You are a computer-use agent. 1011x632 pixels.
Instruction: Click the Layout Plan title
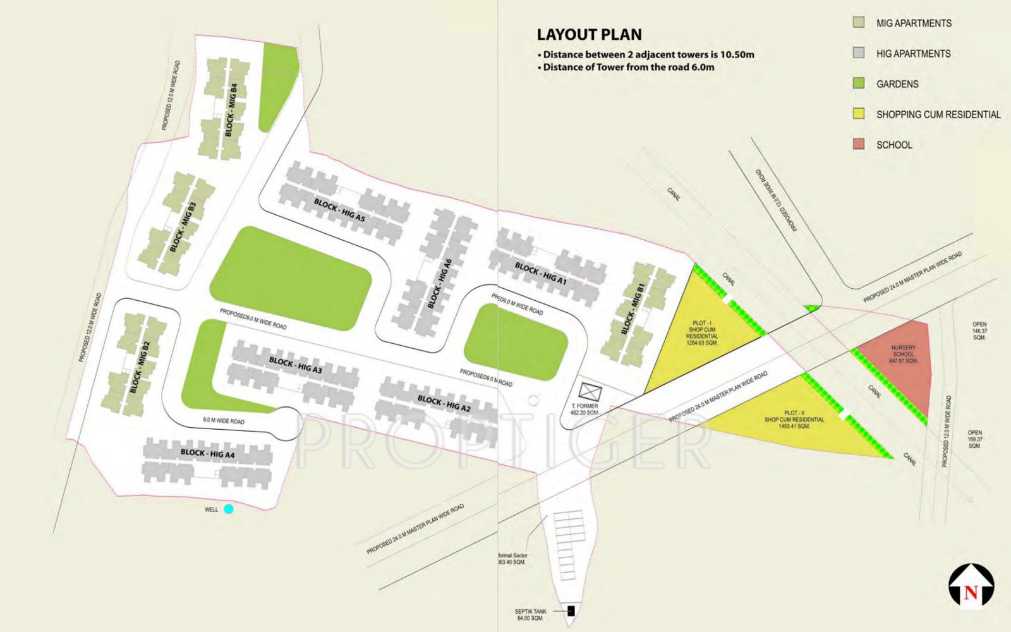(x=589, y=35)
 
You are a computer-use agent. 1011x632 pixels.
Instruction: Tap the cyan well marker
(x=228, y=509)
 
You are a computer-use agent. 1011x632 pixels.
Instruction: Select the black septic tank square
(x=571, y=611)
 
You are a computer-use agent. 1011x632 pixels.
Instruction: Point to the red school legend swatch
(x=859, y=144)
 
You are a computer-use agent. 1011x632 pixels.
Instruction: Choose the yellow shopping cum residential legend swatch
(x=859, y=114)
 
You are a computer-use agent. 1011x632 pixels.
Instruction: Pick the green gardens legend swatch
(x=859, y=83)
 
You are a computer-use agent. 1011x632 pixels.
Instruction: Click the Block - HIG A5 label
(x=340, y=210)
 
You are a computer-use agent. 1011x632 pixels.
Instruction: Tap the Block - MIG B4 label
(x=231, y=109)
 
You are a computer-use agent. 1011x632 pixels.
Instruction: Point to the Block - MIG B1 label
(x=633, y=308)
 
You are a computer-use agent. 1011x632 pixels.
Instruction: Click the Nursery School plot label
(x=903, y=354)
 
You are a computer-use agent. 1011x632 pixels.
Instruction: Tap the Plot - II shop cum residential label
(x=794, y=420)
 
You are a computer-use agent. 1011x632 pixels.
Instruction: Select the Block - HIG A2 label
(x=444, y=403)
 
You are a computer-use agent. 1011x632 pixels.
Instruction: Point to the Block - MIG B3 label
(x=183, y=227)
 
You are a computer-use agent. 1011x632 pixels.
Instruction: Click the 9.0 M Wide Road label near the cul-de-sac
(x=224, y=420)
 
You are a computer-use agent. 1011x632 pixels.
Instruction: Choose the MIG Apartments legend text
(x=913, y=23)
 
